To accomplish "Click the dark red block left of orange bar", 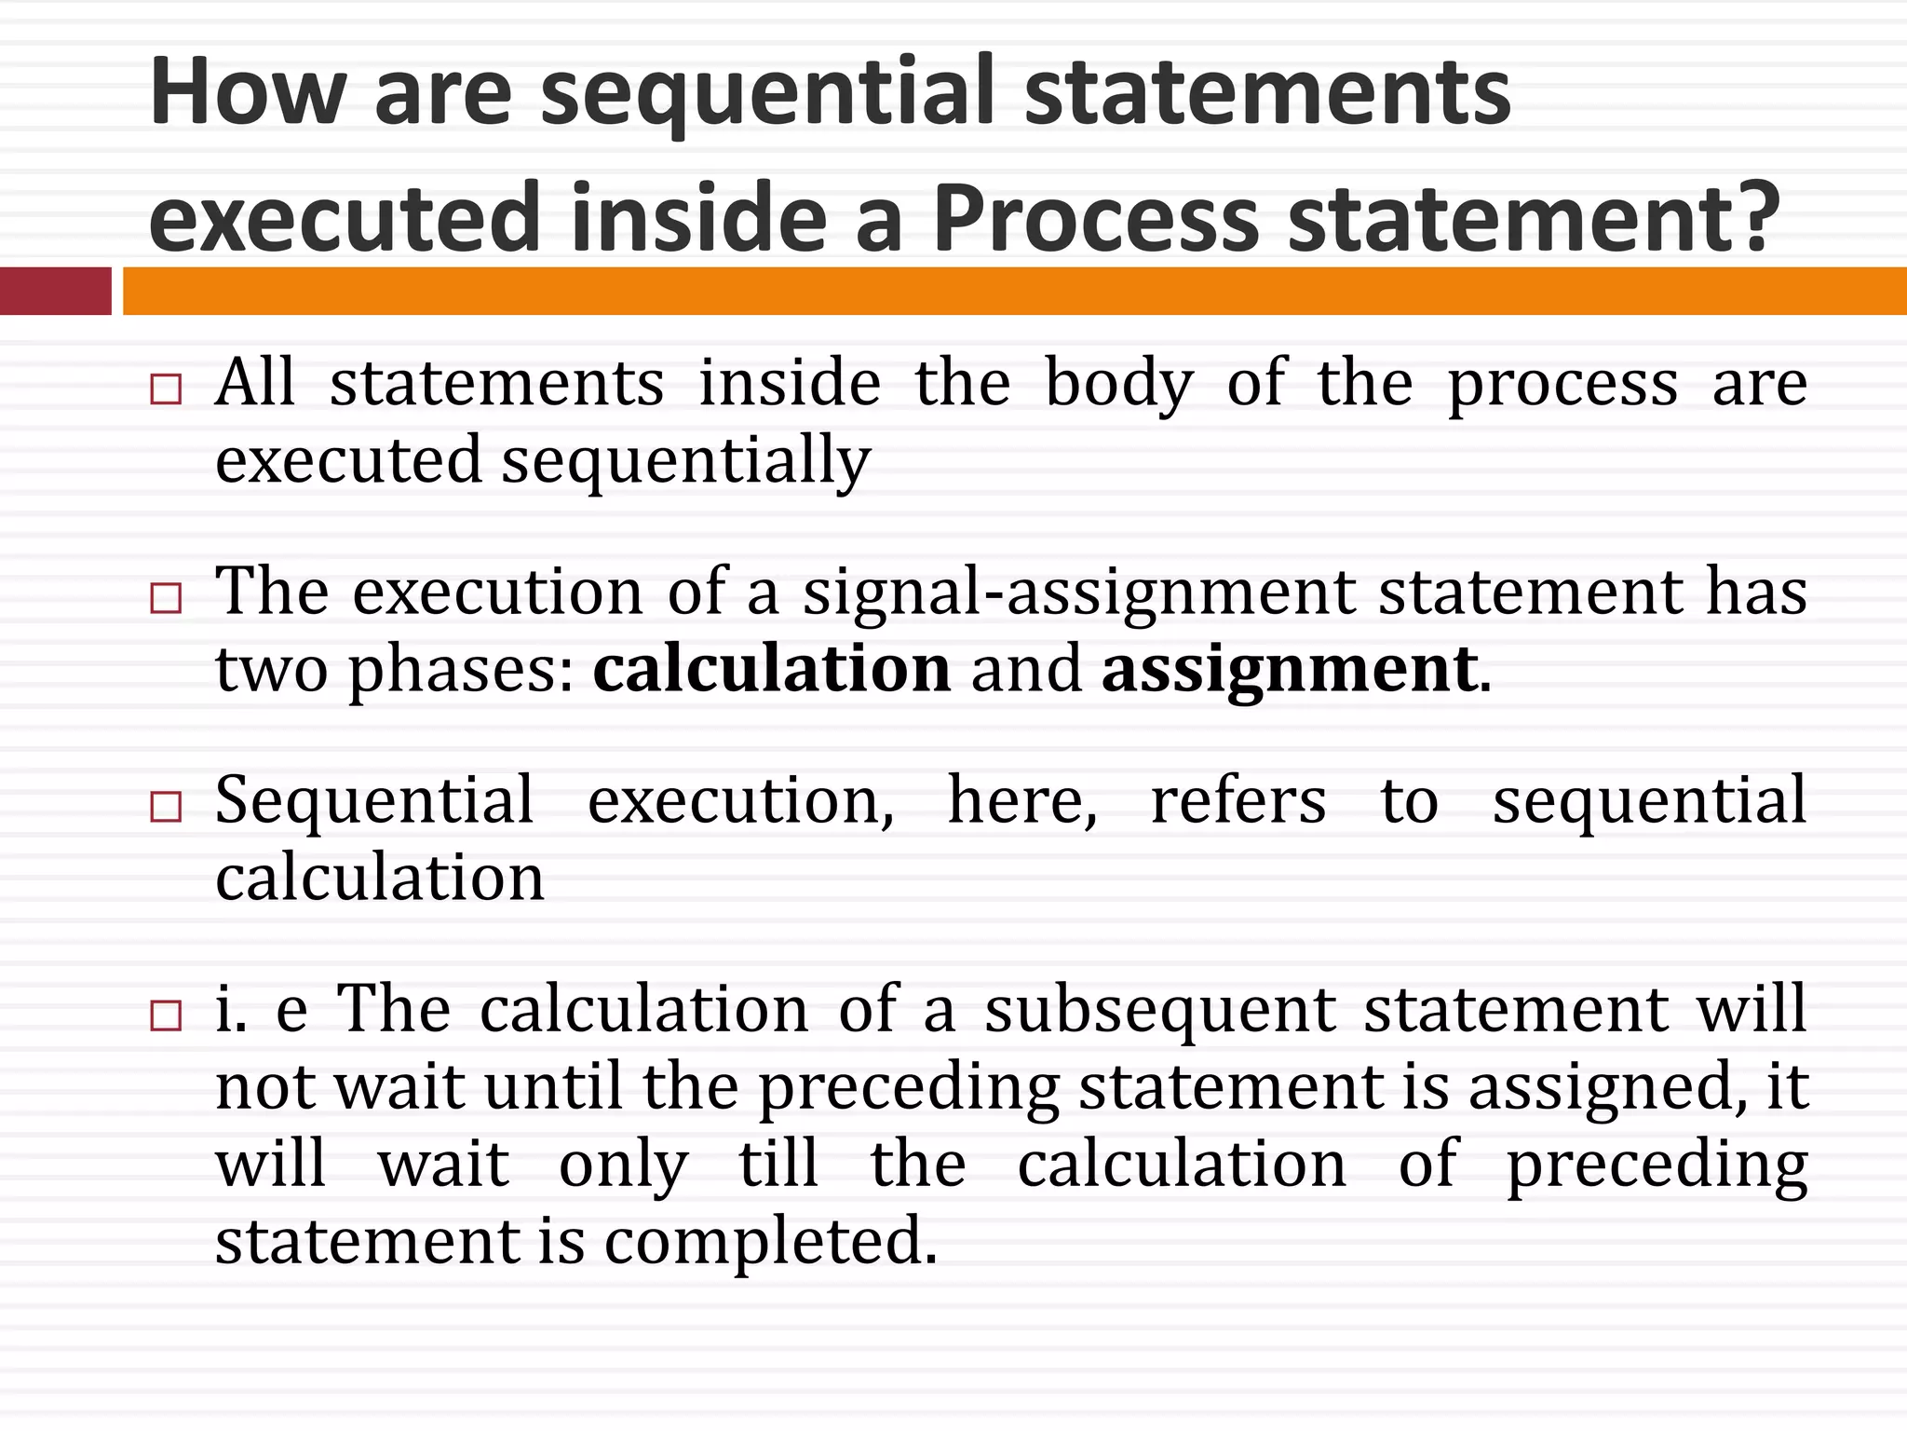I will click(x=55, y=291).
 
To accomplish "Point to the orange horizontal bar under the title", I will click(x=1014, y=291).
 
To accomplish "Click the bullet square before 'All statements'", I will click(x=166, y=388).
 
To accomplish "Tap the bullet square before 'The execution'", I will click(x=166, y=597).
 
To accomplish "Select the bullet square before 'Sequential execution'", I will click(x=166, y=806).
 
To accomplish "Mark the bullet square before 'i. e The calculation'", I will click(x=166, y=1015).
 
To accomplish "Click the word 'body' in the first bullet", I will click(x=1118, y=384).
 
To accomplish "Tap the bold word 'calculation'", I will click(x=772, y=669).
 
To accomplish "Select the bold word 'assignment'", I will click(x=1290, y=671).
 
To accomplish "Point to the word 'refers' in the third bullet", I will click(x=1238, y=801).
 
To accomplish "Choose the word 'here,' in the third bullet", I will click(x=1022, y=801).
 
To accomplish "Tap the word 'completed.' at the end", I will click(x=770, y=1242).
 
